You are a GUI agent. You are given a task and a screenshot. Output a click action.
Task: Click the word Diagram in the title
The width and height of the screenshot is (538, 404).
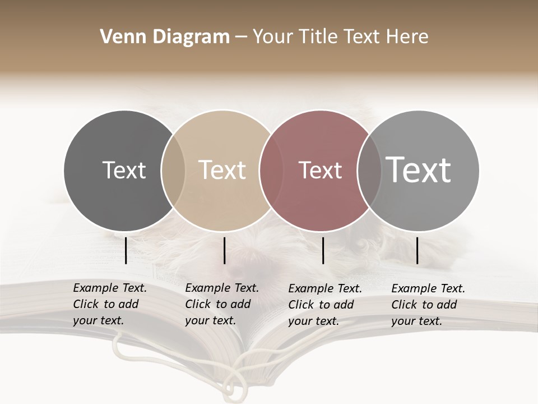191,38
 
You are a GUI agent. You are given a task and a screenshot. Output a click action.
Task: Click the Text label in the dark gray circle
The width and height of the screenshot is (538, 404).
124,170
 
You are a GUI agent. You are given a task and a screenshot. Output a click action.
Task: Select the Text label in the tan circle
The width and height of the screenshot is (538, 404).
222,170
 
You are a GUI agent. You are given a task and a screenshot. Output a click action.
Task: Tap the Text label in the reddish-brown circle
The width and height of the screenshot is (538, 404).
320,170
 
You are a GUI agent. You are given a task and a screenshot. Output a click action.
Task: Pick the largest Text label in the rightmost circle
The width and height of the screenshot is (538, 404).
419,170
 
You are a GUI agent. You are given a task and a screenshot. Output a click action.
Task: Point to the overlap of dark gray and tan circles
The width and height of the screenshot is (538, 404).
173,170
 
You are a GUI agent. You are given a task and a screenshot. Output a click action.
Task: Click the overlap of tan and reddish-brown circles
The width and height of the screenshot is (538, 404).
270,170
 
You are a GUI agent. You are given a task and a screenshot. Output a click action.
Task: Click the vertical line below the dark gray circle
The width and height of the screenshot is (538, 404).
126,250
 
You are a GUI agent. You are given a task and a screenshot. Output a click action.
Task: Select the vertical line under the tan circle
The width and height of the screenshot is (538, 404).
224,250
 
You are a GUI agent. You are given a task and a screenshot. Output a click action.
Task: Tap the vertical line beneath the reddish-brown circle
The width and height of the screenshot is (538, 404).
323,250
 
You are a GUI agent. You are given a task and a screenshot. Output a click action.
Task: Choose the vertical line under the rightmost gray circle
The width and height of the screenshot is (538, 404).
418,250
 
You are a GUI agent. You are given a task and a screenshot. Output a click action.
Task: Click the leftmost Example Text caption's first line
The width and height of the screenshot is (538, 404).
110,288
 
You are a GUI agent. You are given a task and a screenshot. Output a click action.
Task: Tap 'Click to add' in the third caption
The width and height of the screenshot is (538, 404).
321,305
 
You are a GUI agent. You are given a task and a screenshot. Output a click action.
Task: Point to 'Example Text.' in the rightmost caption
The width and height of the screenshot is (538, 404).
428,288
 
